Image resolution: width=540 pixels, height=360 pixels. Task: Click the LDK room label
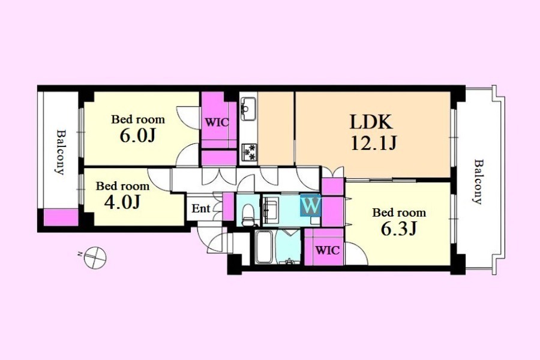[x=371, y=122]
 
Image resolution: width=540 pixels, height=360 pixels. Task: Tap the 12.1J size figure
[x=374, y=143]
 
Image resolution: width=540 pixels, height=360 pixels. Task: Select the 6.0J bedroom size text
[x=138, y=136]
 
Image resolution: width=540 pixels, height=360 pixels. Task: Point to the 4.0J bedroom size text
[x=122, y=202]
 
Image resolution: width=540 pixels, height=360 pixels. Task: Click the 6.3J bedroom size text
[x=399, y=228]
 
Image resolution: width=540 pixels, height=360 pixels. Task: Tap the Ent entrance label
[x=201, y=208]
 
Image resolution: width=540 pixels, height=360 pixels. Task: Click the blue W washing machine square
[x=311, y=205]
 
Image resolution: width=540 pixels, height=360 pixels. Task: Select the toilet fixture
[x=248, y=214]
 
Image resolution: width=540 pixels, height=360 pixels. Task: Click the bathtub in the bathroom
[x=265, y=247]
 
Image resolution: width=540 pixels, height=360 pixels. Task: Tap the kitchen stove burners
[x=249, y=152]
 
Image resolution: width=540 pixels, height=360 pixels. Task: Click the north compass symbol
[x=95, y=257]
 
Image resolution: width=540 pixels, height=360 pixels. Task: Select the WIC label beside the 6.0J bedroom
[x=217, y=122]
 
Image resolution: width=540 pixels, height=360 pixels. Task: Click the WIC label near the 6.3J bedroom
[x=328, y=250]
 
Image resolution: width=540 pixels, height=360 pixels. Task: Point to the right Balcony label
[x=478, y=182]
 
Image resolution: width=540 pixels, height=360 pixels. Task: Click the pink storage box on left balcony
[x=61, y=217]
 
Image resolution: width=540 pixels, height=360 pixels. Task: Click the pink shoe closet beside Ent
[x=228, y=206]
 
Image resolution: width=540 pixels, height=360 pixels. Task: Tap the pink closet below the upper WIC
[x=219, y=158]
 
